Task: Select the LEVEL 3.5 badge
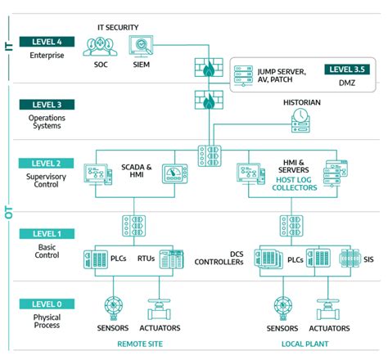(349, 70)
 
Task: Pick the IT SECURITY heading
(118, 27)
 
